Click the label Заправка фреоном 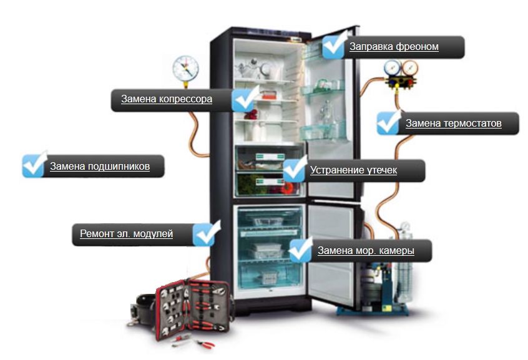[x=394, y=47]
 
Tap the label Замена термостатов [x=453, y=124]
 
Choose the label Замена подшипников [x=99, y=167]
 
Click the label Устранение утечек [x=353, y=170]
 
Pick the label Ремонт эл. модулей [x=126, y=234]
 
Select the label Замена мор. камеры [x=366, y=251]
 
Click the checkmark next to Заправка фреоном [x=335, y=46]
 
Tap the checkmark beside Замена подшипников [x=34, y=165]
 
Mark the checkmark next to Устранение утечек [x=295, y=168]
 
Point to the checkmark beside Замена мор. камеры [x=301, y=250]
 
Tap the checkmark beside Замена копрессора [x=244, y=99]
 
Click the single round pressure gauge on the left [x=185, y=67]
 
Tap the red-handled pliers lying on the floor [x=200, y=343]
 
